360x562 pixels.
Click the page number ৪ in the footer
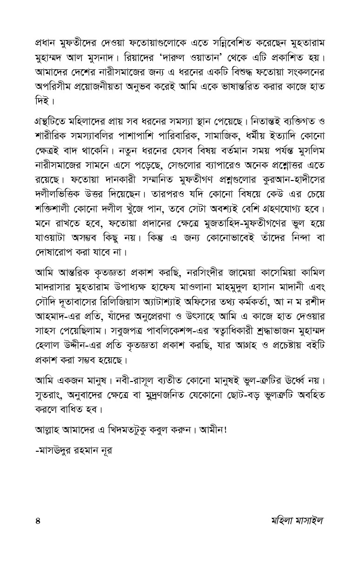38,520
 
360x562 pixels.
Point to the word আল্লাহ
49,430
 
